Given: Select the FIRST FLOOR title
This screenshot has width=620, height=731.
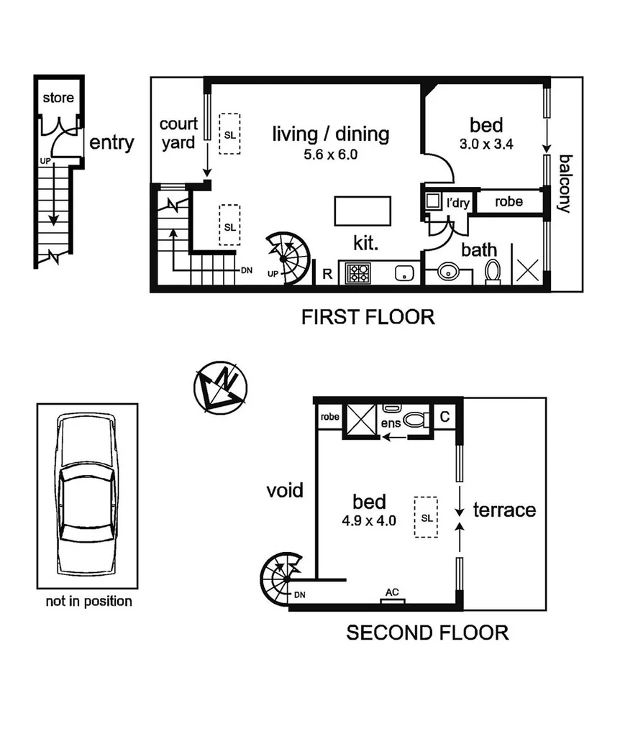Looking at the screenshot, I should click(x=368, y=317).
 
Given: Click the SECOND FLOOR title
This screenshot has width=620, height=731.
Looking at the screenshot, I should click(x=427, y=633).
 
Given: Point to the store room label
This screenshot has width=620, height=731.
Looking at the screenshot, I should click(x=58, y=98).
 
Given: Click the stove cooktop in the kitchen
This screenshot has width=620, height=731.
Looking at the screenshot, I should click(x=358, y=273).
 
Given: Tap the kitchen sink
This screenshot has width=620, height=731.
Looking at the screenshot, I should click(x=404, y=273).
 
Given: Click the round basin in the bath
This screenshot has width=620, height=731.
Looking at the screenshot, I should click(x=449, y=273).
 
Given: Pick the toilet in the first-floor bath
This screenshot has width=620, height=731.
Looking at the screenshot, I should click(x=493, y=272).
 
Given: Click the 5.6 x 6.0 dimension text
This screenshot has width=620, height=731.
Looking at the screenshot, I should click(x=330, y=154).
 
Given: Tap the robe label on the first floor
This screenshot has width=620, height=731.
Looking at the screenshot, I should click(x=509, y=202).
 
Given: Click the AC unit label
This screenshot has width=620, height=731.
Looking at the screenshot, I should click(x=393, y=592).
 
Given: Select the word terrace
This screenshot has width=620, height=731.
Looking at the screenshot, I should click(x=504, y=510).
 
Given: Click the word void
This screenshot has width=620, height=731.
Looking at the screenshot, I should click(x=285, y=491).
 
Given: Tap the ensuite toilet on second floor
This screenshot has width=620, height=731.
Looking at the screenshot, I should click(x=414, y=418).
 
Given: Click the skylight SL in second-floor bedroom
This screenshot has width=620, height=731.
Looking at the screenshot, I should click(x=427, y=517).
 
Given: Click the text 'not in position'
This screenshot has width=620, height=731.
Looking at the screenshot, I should click(x=88, y=601).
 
